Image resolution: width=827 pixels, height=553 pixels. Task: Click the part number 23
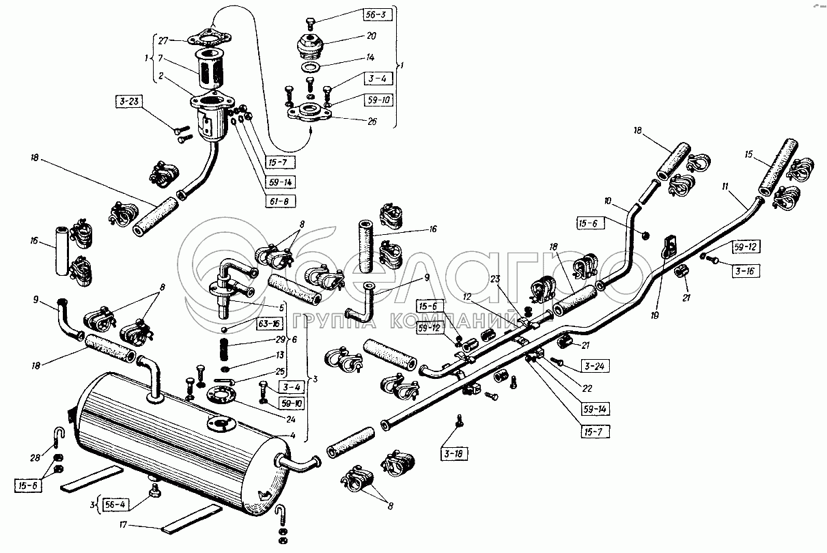point(494,279)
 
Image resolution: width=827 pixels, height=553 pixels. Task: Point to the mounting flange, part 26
point(311,111)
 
